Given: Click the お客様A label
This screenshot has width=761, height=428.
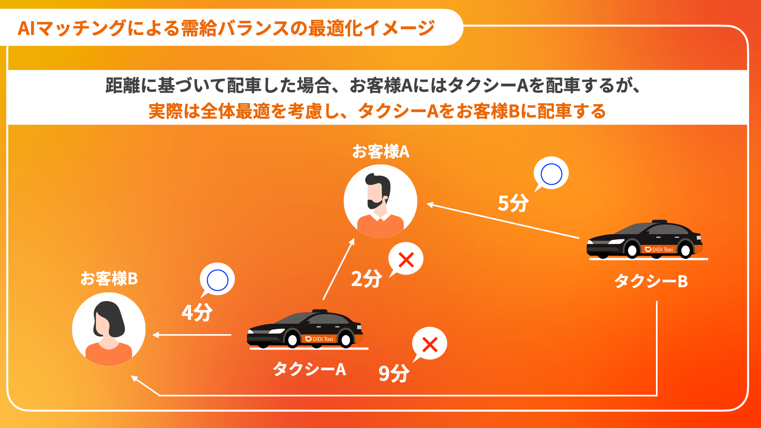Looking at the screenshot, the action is coord(380,152).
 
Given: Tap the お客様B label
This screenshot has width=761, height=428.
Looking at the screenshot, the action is coord(109,279).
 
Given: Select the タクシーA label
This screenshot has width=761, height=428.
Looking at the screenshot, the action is coord(309,369).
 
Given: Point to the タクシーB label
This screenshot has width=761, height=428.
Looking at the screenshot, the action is coord(651,281).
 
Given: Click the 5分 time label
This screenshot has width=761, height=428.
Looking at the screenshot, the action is coord(513,203).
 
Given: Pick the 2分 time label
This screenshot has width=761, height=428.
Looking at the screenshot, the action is coord(367,279).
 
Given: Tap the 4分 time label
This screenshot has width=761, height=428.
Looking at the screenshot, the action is coord(197,312).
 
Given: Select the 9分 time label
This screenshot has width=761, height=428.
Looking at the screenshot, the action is coord(394,373).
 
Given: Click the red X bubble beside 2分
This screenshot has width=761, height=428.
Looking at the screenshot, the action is coord(406,260).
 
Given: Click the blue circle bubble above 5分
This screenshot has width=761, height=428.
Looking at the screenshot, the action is coord(551,174).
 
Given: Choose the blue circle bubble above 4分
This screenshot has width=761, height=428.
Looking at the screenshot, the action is coord(218,280).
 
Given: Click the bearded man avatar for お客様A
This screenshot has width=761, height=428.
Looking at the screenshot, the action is coord(380,201).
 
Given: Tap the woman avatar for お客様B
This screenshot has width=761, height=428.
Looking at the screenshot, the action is coord(109,329).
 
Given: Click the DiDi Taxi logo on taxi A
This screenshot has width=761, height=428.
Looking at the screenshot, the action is coord(319,339).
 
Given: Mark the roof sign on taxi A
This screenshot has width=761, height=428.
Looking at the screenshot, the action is coord(320,311).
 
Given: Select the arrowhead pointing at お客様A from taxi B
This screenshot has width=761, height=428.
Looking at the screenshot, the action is coord(430,204).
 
